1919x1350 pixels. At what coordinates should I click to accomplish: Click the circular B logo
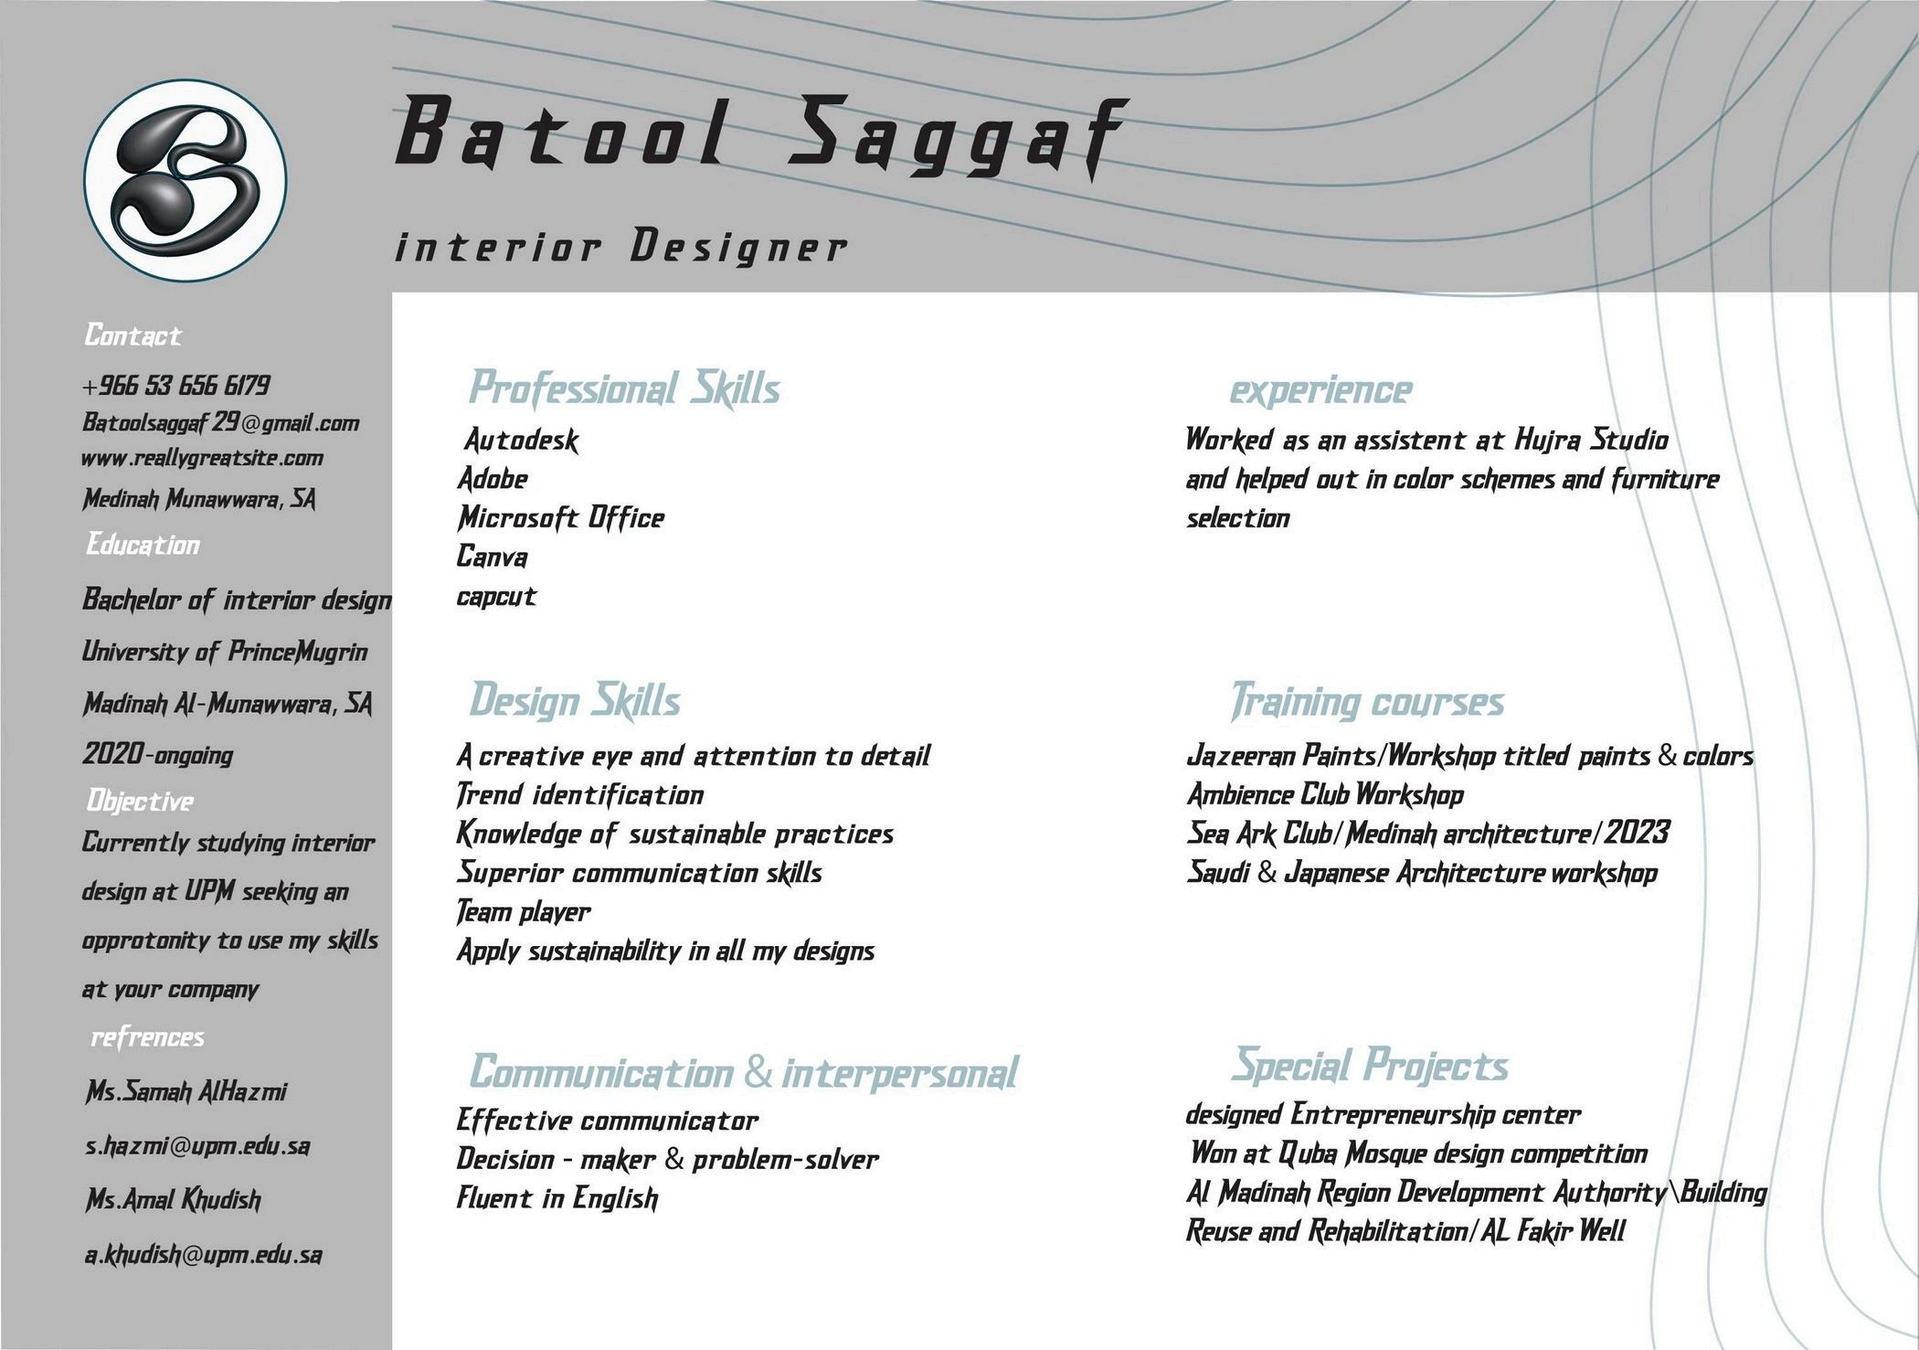coord(186,180)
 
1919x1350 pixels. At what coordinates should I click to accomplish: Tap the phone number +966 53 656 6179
coord(175,385)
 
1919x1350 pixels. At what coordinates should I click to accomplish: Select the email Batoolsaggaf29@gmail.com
coord(220,423)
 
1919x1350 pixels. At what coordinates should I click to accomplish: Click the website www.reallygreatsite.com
coord(202,458)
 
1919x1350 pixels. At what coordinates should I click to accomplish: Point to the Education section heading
coord(143,545)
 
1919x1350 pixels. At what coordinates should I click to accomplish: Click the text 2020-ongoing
coord(158,755)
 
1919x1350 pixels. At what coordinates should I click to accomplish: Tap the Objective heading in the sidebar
coord(140,802)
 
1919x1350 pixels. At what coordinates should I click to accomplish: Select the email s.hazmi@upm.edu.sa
coord(197,1145)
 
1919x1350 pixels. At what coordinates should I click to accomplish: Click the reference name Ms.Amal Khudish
coord(173,1199)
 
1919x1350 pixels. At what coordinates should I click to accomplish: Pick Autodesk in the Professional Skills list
coord(521,441)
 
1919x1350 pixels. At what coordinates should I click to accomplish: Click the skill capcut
coord(496,597)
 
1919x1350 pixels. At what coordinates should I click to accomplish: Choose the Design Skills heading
coord(575,701)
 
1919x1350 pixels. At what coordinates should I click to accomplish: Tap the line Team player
coord(524,912)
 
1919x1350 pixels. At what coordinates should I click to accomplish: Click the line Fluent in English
coord(557,1198)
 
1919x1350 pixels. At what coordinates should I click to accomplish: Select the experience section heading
coord(1320,390)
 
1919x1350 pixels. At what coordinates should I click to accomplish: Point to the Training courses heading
coord(1367,702)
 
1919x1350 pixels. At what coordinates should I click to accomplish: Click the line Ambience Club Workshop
coord(1325,795)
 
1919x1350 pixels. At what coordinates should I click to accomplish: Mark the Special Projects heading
coord(1369,1066)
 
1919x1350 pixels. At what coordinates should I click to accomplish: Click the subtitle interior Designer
coord(620,248)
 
